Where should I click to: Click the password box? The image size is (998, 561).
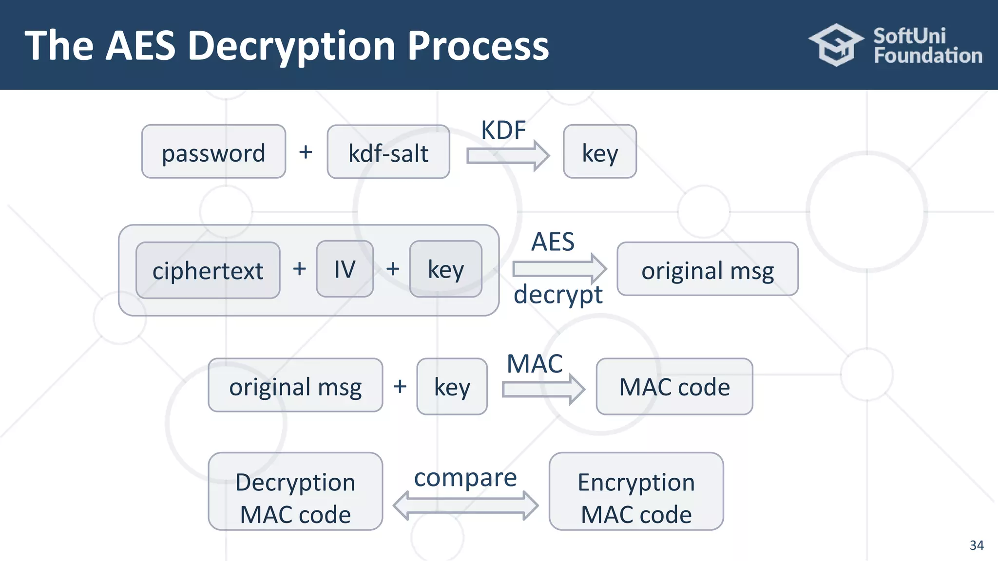(213, 152)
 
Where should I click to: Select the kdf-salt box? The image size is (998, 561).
(388, 152)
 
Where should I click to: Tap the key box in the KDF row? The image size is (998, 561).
(600, 152)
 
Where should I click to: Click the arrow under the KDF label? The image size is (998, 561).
(508, 156)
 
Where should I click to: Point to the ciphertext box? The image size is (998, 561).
(208, 270)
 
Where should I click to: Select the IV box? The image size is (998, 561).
(345, 269)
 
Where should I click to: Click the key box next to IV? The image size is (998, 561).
(446, 269)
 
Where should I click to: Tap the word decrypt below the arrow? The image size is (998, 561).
(558, 295)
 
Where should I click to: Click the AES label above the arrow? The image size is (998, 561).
(553, 242)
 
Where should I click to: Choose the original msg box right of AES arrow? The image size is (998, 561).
(708, 269)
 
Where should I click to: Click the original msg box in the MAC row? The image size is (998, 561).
(295, 386)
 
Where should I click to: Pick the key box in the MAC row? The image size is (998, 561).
(452, 387)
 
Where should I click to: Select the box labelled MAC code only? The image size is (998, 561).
(674, 387)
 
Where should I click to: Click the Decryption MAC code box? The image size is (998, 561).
(295, 492)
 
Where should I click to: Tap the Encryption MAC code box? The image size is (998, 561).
(636, 492)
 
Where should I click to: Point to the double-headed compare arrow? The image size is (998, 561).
(465, 506)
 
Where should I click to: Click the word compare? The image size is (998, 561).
(465, 478)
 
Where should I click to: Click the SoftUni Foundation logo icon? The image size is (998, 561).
(836, 45)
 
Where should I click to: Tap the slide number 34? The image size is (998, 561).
(976, 545)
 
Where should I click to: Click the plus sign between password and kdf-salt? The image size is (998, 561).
(306, 152)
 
